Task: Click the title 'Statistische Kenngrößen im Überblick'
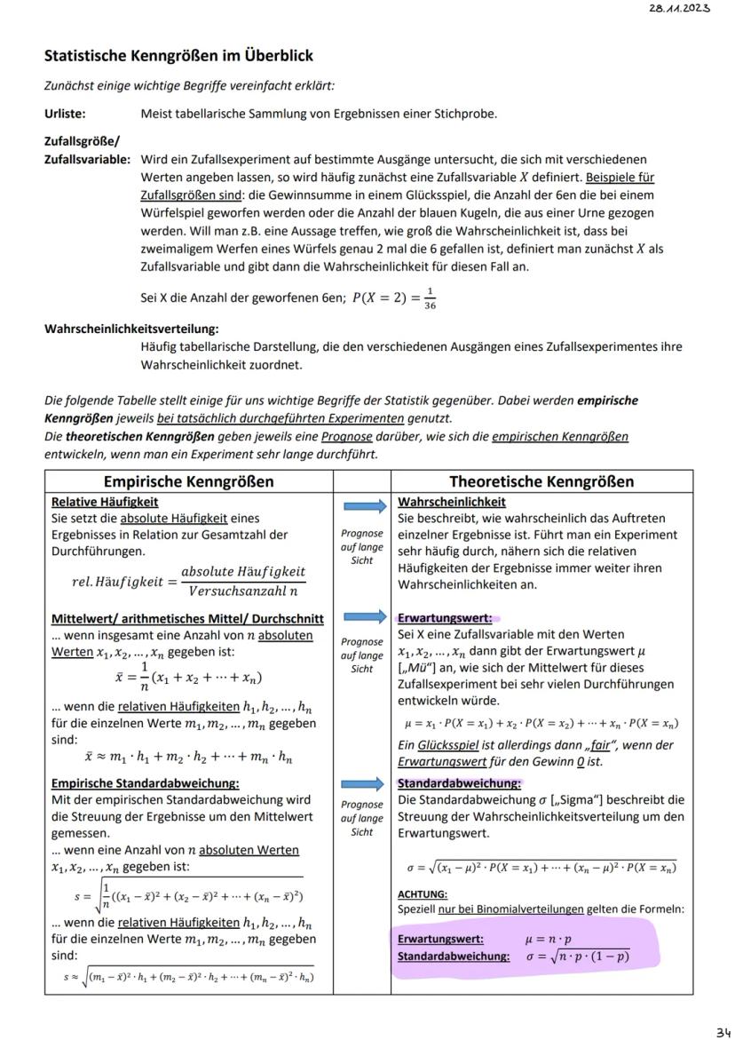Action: pos(178,56)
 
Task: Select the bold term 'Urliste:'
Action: pos(67,114)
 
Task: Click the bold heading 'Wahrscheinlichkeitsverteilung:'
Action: pos(131,329)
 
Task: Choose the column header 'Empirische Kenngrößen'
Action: pos(189,481)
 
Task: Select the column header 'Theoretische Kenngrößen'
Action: pos(541,481)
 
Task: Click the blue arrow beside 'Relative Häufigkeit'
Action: pos(362,506)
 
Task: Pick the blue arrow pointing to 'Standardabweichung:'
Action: pos(362,783)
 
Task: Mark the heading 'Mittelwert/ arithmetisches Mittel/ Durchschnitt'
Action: pos(187,618)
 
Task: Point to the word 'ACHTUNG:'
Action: pos(423,893)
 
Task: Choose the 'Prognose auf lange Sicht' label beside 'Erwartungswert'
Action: pos(362,655)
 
